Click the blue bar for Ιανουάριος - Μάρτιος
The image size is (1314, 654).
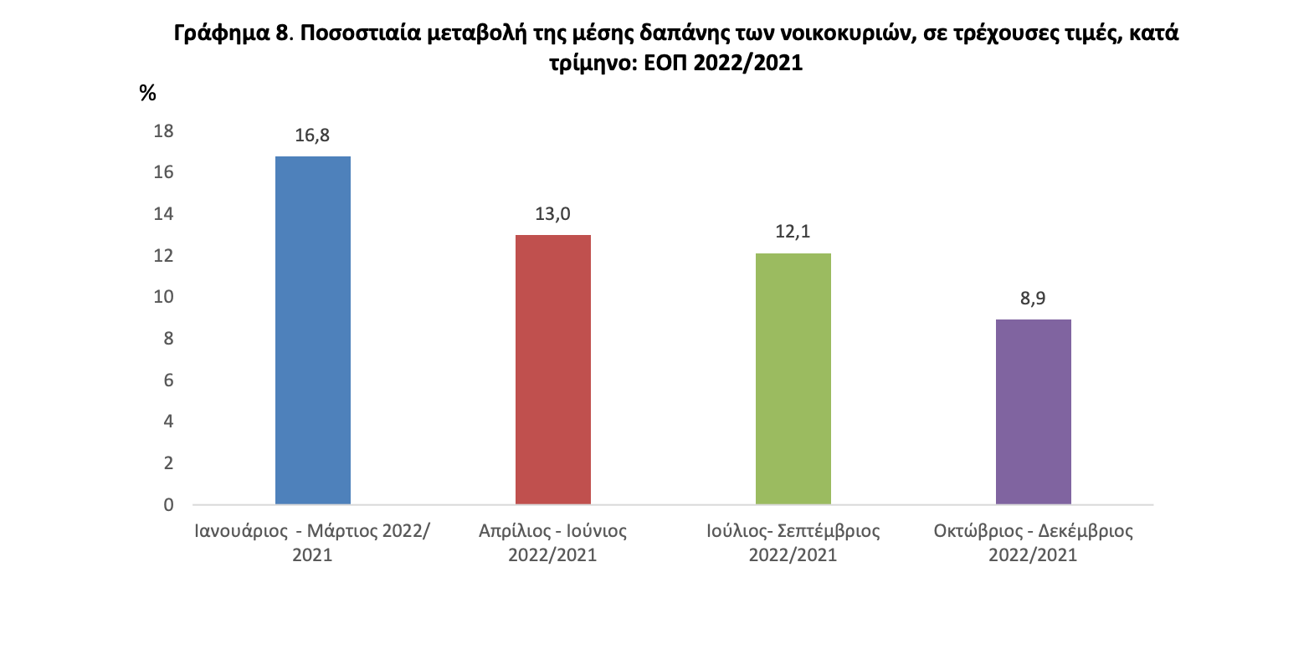(312, 330)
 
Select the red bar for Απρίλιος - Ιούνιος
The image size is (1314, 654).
(552, 370)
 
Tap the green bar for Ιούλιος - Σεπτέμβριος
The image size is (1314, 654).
(793, 379)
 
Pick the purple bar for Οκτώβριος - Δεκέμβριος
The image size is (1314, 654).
(1033, 411)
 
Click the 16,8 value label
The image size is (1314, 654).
(312, 135)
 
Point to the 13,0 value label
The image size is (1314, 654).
(552, 214)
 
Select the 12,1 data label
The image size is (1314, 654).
(793, 232)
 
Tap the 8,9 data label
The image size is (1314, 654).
(1033, 299)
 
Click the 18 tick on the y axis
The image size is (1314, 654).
(163, 130)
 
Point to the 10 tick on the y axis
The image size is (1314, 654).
(163, 297)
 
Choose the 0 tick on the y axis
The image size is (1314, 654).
(168, 504)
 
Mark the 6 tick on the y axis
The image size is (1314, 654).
(168, 380)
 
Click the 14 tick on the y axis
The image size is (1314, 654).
(163, 213)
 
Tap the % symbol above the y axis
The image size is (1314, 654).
(148, 93)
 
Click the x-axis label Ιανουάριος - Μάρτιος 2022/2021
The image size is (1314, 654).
(312, 542)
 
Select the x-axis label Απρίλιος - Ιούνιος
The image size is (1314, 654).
(552, 542)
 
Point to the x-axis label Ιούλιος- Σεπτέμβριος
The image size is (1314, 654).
(793, 542)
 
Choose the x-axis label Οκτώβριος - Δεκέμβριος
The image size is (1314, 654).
(1033, 542)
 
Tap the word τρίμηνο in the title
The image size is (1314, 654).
(590, 64)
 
